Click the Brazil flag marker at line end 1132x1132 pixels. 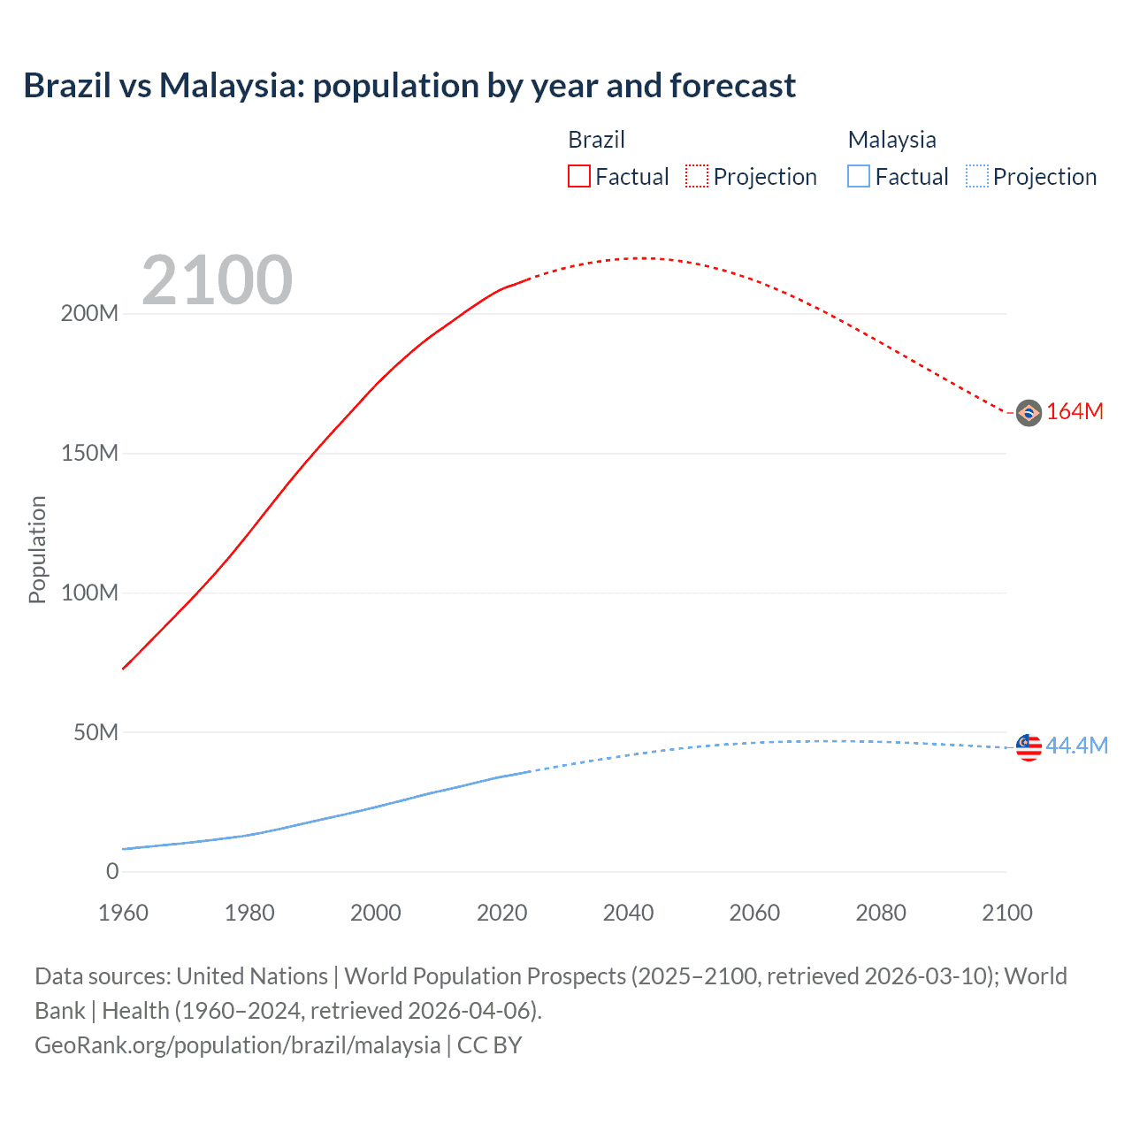click(x=1029, y=413)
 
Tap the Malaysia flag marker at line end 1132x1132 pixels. click(x=1029, y=747)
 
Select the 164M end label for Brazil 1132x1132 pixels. click(x=1075, y=412)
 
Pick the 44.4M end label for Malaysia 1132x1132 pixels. click(x=1076, y=746)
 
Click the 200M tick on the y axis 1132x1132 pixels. click(x=89, y=314)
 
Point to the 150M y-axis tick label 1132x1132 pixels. click(x=89, y=454)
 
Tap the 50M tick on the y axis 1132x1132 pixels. click(x=96, y=732)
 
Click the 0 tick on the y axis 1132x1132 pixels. click(x=112, y=872)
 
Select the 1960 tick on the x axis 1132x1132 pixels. click(x=123, y=913)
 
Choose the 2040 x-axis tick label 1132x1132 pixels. click(x=628, y=913)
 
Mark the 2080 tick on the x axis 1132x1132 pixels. click(x=880, y=913)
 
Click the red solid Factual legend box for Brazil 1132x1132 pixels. click(x=578, y=177)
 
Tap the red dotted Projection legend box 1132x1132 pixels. click(x=697, y=177)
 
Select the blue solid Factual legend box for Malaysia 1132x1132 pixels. click(x=858, y=177)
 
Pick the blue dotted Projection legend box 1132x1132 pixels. click(x=976, y=177)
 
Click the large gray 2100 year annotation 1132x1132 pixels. click(x=217, y=280)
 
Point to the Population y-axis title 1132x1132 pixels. click(x=37, y=549)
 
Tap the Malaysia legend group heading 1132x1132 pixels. click(x=891, y=140)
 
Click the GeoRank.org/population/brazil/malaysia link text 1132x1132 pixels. click(x=237, y=1045)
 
